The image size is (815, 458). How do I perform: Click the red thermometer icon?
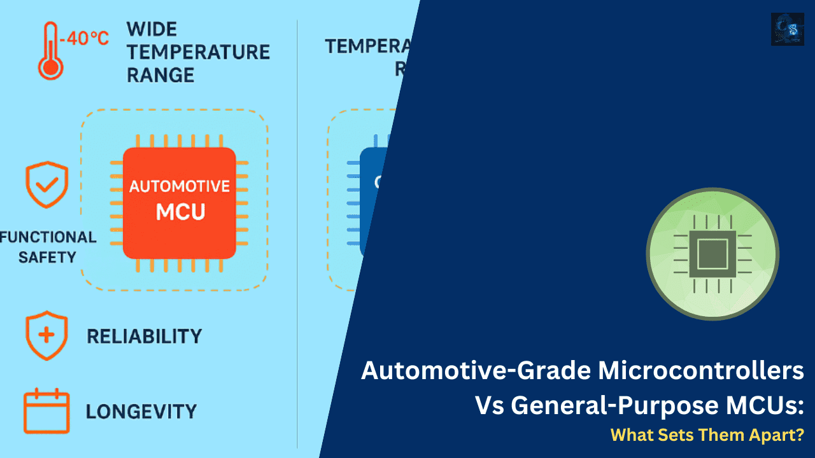point(50,52)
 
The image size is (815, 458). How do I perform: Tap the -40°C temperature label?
point(85,39)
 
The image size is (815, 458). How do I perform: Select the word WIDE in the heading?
point(152,29)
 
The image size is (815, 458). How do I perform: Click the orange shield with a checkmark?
point(46,185)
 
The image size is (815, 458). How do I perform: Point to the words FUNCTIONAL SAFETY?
point(48,247)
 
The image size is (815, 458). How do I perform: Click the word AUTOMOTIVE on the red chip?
point(180,186)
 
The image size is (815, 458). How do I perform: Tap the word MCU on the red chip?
point(180,211)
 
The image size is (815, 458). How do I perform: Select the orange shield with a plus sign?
point(46,335)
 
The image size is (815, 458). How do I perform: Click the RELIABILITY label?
point(144,336)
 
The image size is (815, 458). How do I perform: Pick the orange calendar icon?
point(46,410)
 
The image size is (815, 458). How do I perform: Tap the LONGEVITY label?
point(141,411)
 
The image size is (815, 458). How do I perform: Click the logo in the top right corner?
point(787,29)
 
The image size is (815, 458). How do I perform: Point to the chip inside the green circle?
point(712,254)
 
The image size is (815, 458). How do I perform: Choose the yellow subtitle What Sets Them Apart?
point(707,435)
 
